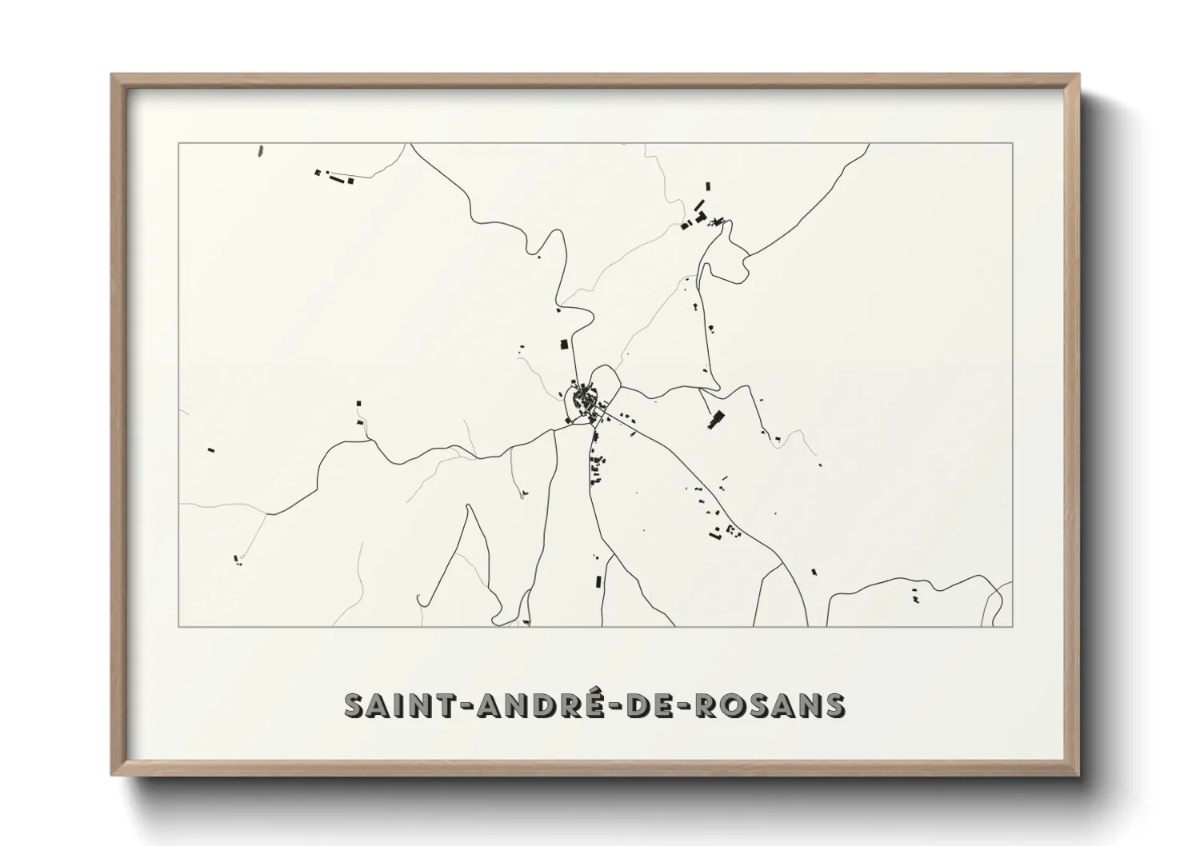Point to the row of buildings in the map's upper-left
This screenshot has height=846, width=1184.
[x=335, y=176]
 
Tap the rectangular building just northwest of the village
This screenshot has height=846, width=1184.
[x=563, y=344]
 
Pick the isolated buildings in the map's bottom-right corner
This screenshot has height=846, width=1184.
[x=915, y=594]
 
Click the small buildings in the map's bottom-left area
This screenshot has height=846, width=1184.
[x=237, y=561]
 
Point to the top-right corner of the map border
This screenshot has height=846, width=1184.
[x=1013, y=143]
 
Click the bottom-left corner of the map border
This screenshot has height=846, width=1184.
[x=178, y=626]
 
